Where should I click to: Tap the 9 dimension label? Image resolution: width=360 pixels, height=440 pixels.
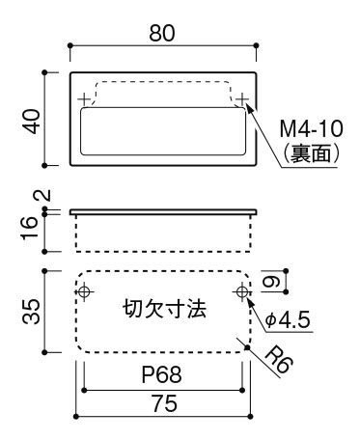274,282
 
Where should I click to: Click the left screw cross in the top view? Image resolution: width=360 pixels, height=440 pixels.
85,97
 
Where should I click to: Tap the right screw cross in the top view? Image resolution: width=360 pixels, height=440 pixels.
241,97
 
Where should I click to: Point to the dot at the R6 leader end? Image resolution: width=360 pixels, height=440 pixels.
250,347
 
